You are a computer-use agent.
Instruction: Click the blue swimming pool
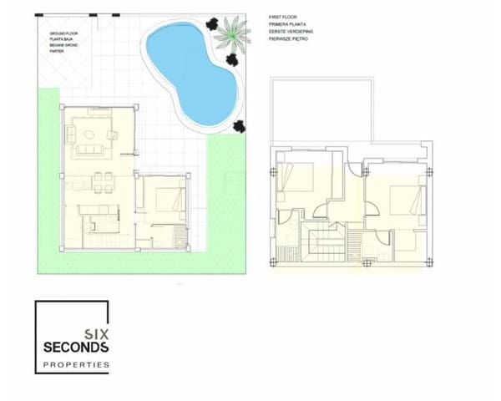coord(188,71)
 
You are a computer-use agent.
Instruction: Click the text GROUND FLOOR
coord(62,34)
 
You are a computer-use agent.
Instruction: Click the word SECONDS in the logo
coord(75,346)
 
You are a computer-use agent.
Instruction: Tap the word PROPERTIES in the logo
coord(75,365)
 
